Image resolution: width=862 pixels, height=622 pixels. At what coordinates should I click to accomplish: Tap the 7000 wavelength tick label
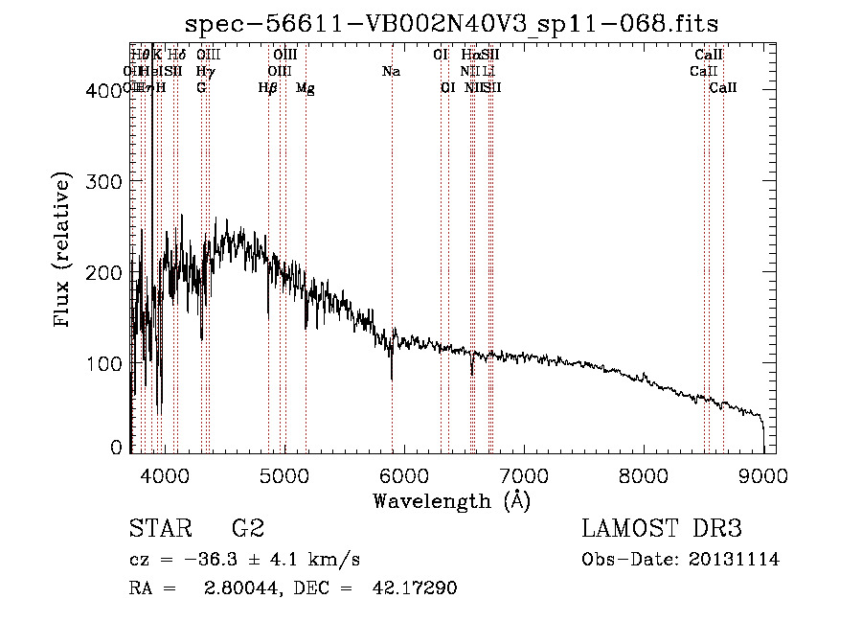click(x=524, y=474)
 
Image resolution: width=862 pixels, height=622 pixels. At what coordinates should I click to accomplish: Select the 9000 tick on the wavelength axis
click(x=763, y=474)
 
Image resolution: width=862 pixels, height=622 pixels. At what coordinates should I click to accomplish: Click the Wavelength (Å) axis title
click(x=451, y=500)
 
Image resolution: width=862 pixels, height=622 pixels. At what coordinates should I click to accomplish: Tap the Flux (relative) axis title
click(x=64, y=252)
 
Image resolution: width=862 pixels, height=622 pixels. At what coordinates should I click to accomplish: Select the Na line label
click(x=391, y=72)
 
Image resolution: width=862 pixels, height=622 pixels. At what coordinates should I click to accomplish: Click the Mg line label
click(x=306, y=88)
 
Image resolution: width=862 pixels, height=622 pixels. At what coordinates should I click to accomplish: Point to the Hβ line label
click(x=268, y=88)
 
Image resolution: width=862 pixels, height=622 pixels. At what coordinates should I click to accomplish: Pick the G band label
click(x=201, y=88)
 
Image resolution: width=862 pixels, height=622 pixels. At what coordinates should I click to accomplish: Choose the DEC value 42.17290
click(x=414, y=588)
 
